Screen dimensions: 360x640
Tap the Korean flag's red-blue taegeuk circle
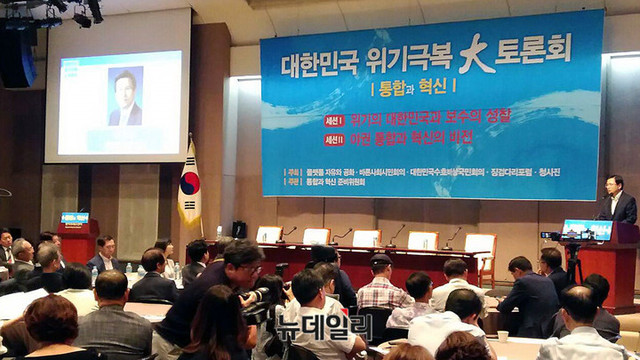coord(189,183)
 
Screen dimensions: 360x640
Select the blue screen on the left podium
coord(74,218)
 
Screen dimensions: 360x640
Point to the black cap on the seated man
coord(380,260)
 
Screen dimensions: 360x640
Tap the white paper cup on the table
coord(503,336)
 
